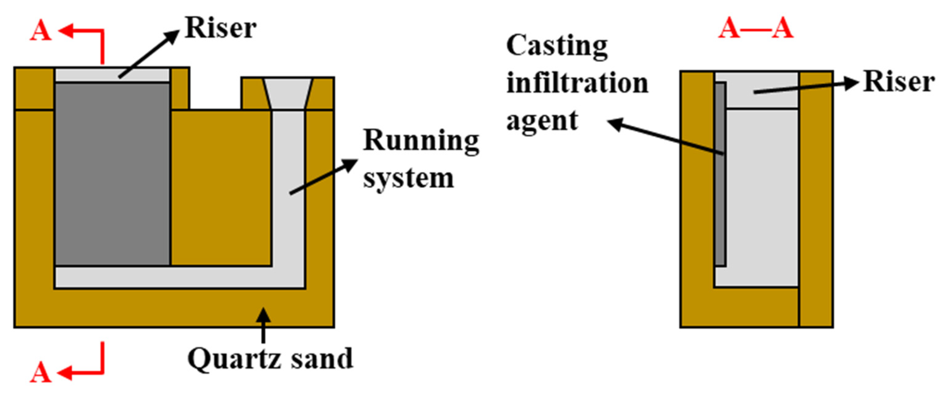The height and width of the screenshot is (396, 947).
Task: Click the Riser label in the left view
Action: click(x=221, y=28)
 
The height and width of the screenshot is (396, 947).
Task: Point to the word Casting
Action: click(x=557, y=46)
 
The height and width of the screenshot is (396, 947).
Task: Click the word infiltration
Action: click(x=577, y=83)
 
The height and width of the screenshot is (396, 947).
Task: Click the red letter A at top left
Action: click(x=40, y=31)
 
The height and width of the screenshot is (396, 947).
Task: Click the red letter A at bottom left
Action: click(x=40, y=373)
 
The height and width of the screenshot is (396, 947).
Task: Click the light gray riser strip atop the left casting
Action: click(x=112, y=75)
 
